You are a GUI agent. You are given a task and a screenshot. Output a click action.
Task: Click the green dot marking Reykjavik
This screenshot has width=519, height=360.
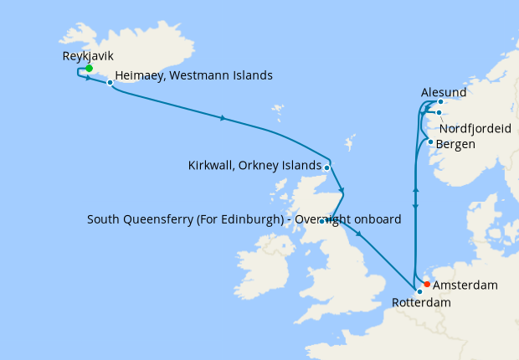pos(89,69)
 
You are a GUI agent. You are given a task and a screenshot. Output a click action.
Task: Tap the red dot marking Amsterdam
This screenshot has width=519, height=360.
pos(427,284)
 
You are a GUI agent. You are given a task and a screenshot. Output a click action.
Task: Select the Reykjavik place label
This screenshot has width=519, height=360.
pos(88,57)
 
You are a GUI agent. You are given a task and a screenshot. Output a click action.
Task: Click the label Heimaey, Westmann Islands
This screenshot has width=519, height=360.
pos(193,75)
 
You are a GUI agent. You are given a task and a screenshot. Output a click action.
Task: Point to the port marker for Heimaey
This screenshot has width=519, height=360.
pos(110,82)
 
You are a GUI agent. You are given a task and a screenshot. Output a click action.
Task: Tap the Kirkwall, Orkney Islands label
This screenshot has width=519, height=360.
pos(254,165)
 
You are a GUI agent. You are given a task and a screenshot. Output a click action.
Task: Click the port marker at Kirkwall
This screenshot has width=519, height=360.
pos(326,167)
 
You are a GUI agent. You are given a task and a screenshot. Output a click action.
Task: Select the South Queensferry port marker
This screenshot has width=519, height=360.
pos(321,221)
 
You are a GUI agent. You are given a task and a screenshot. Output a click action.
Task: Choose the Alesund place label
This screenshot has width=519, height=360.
pos(444,91)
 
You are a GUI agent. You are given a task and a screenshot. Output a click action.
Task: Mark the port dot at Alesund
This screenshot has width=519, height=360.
pos(440,102)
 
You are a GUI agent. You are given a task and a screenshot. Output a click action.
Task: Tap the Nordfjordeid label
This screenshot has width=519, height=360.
pos(475,128)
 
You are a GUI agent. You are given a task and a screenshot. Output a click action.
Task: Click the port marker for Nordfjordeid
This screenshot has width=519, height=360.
pos(438,112)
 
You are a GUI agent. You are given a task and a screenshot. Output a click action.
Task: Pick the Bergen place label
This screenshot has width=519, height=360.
pos(456,144)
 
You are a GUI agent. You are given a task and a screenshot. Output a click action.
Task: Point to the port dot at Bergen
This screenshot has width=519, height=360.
pos(430,141)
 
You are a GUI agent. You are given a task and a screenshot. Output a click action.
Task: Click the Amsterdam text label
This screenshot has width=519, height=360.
pos(466,285)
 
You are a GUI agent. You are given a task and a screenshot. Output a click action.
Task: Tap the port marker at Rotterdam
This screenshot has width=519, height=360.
pos(419,291)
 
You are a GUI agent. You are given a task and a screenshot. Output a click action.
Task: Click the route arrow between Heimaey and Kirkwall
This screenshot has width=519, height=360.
pos(222,118)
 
